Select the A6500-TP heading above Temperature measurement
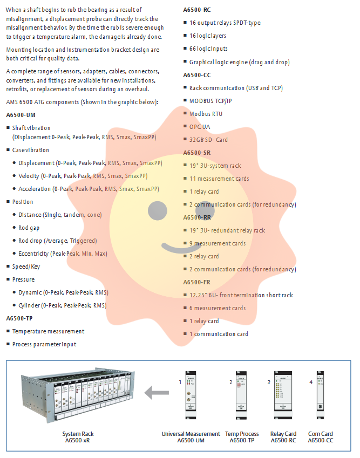point(19,318)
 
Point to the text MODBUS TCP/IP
point(210,101)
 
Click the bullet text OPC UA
point(200,127)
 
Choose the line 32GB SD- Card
point(208,140)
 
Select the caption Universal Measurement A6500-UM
point(191,437)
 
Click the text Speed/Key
point(26,266)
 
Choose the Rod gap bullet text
point(29,228)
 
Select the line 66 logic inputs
point(208,49)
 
